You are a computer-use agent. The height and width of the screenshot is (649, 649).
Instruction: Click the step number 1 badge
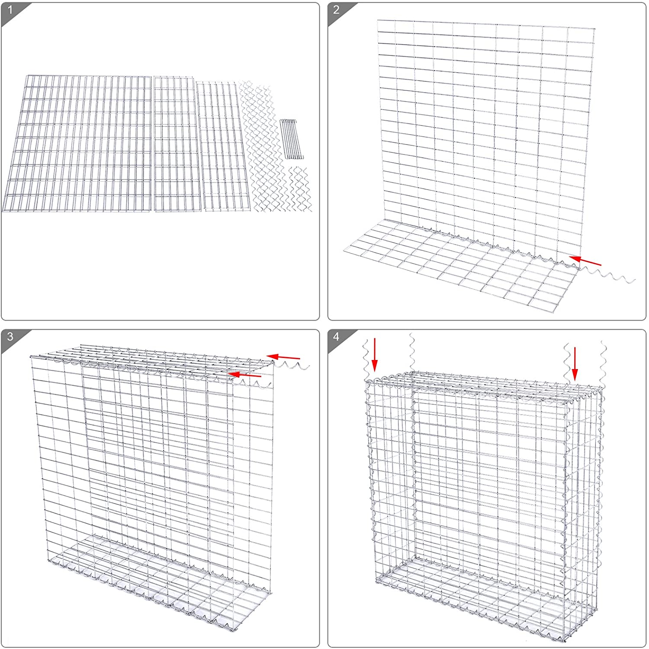(x=10, y=10)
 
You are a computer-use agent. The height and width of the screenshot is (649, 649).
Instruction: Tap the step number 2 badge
(x=337, y=10)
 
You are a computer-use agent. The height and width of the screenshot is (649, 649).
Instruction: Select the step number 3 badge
(x=10, y=336)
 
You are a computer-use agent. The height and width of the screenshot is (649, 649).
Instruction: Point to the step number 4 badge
(x=337, y=336)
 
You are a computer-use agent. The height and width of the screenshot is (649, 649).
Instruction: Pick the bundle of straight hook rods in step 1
(x=290, y=138)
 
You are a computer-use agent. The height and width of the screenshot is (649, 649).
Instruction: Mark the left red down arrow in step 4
(x=375, y=355)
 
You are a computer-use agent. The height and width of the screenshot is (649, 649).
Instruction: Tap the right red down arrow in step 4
(x=575, y=363)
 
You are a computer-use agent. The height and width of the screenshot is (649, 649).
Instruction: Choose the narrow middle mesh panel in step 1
(x=177, y=144)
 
